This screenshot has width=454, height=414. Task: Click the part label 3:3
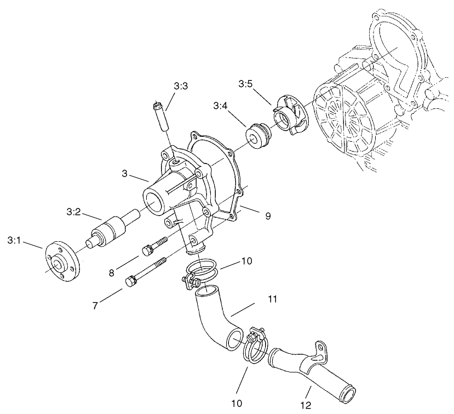coord(181,86)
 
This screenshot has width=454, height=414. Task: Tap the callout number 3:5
coord(245,84)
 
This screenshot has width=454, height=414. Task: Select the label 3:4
coord(221,105)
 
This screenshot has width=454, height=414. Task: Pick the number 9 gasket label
coord(268,216)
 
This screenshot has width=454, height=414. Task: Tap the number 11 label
coord(273,300)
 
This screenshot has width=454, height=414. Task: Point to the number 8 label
coord(111,272)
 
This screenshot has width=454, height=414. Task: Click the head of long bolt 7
coord(130,282)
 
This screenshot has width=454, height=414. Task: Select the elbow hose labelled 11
coord(211,317)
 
